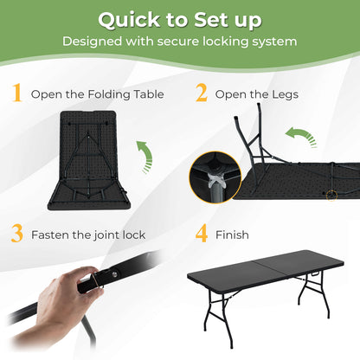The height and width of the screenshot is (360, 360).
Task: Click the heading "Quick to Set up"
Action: tap(180, 20)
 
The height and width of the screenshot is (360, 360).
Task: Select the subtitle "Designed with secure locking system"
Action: tap(180, 41)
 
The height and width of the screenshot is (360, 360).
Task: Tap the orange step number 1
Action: tap(16, 93)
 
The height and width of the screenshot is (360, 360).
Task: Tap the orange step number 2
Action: tap(202, 93)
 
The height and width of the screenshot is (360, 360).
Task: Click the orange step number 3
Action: tap(16, 234)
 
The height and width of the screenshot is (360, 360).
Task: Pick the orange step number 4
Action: tap(202, 234)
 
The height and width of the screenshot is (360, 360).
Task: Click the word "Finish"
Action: tap(234, 235)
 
